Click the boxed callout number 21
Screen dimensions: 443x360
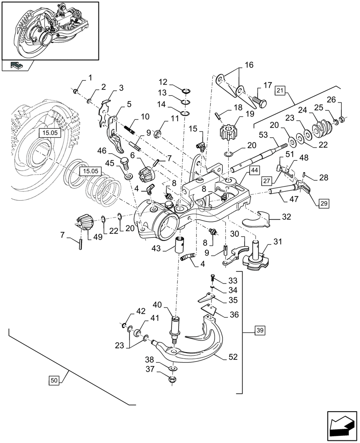coord(279,91)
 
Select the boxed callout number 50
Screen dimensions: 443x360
coord(54,380)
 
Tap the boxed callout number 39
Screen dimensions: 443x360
coord(259,330)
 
